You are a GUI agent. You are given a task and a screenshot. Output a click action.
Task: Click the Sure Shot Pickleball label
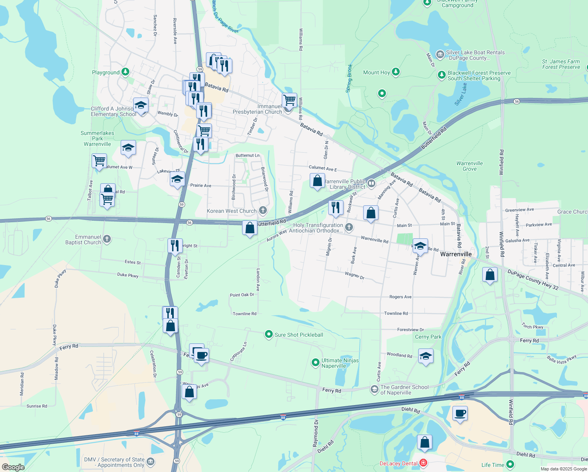pos(299,335)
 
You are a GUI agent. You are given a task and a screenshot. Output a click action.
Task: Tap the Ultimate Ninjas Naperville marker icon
pos(315,363)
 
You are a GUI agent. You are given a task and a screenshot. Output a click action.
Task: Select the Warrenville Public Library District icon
pos(371,184)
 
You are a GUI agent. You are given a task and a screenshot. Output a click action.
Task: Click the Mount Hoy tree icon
pos(396,72)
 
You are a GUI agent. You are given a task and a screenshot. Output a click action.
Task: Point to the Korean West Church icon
pos(263,211)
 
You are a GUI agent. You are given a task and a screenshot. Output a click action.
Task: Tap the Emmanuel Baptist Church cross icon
pos(107,239)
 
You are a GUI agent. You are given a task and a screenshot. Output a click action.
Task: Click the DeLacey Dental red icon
pos(423,463)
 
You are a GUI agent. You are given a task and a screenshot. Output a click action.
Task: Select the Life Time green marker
pos(510,465)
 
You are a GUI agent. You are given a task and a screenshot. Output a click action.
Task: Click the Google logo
pos(13,467)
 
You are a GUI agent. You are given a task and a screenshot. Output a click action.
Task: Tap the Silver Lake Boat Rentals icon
pos(440,54)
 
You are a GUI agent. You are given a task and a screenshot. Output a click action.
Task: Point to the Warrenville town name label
pos(456,254)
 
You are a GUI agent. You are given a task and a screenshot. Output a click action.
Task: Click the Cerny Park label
pos(428,337)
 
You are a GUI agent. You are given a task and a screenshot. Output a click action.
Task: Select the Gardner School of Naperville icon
pos(374,389)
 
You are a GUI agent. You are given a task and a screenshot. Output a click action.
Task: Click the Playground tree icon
pos(125,72)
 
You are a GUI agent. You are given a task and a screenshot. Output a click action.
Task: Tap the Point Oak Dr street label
pos(242,295)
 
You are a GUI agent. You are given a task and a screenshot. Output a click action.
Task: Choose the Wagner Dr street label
pos(355,276)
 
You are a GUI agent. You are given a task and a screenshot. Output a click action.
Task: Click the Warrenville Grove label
pos(469,166)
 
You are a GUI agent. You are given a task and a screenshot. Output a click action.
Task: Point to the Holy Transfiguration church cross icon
pos(349,227)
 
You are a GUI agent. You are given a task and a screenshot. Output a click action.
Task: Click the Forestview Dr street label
pos(410,330)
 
